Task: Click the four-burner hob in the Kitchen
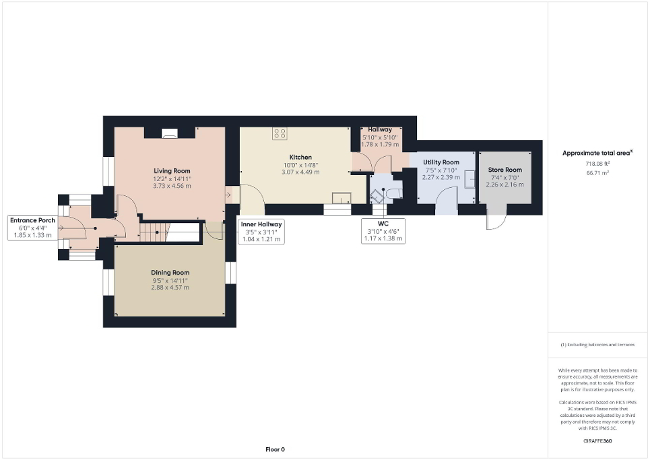click(x=280, y=134)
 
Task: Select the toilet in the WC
click(x=395, y=194)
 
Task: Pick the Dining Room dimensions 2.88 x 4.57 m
click(x=170, y=288)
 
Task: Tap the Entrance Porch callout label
click(x=32, y=228)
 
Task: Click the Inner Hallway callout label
click(x=261, y=231)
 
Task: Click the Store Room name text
click(x=505, y=170)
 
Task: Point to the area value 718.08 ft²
click(x=597, y=164)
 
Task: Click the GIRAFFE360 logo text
click(x=597, y=441)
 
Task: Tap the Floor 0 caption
click(x=274, y=449)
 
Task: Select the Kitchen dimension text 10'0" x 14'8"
click(x=297, y=164)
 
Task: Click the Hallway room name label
click(x=380, y=129)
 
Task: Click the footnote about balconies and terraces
click(x=597, y=345)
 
